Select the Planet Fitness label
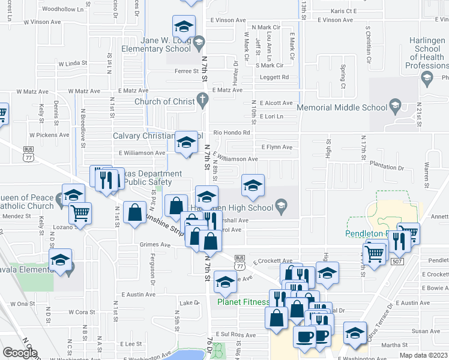tap(243, 302)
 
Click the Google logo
tap(20, 353)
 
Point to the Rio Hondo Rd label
tap(231, 132)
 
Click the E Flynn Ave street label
tap(277, 147)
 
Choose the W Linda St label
tap(73, 63)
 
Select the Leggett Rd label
tap(274, 77)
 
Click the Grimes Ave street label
tap(155, 245)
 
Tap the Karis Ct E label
tap(344, 11)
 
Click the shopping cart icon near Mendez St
tap(80, 212)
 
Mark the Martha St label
tap(394, 345)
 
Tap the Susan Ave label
tap(426, 331)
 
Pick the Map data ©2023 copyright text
tap(423, 355)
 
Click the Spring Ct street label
tap(343, 73)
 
